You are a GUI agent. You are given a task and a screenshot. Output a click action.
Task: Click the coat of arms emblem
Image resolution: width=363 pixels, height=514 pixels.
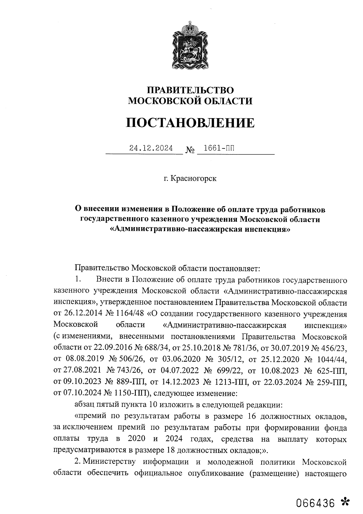pyautogui.click(x=190, y=45)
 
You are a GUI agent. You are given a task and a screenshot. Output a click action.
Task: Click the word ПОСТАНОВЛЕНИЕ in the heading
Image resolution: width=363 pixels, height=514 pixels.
pyautogui.click(x=190, y=123)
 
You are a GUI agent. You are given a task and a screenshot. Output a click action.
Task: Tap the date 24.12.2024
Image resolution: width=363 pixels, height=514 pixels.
pyautogui.click(x=151, y=148)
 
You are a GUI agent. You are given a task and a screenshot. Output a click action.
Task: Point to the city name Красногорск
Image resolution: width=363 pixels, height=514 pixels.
pyautogui.click(x=194, y=178)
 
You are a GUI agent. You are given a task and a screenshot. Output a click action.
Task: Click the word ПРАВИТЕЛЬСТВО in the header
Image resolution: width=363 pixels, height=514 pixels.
pyautogui.click(x=190, y=90)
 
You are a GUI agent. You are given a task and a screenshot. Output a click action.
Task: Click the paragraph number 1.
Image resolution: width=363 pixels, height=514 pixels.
pyautogui.click(x=78, y=279)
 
